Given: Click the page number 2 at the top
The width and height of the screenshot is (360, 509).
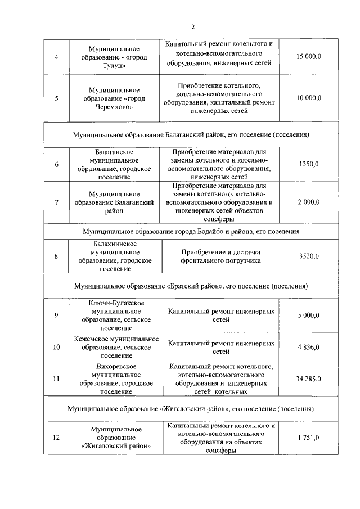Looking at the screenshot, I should [192, 26].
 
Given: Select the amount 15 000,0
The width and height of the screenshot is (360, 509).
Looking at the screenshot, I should [309, 58].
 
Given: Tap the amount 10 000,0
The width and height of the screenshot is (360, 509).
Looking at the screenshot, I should [309, 98].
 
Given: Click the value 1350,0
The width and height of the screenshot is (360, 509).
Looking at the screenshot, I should [309, 164].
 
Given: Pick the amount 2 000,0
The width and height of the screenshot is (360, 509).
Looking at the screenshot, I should [309, 202].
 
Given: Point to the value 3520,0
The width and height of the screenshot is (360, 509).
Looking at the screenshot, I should [309, 256].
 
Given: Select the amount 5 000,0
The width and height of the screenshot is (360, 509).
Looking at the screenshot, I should [309, 315].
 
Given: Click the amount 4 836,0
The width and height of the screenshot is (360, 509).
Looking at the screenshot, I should [309, 347].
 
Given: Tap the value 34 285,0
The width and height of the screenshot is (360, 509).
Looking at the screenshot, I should [309, 379].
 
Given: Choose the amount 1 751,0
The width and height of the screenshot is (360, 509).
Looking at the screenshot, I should [309, 438].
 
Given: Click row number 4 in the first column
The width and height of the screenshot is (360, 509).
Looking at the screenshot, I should [56, 58].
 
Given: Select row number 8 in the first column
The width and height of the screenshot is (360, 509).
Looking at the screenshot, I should [56, 256].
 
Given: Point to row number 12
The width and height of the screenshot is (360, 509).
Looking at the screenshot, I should [56, 438].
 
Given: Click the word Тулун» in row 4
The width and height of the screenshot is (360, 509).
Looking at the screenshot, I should [114, 66].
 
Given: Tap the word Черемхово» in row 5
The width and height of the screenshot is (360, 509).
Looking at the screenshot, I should [114, 107].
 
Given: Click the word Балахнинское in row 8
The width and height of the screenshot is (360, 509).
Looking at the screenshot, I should [114, 244].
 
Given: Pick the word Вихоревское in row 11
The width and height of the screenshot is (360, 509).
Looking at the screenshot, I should [114, 367].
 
